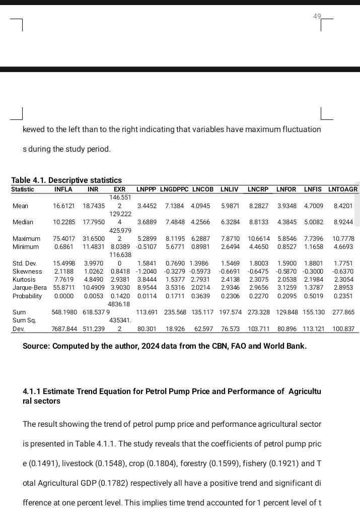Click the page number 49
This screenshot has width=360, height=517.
point(317,16)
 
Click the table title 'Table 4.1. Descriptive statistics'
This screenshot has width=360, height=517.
point(66,180)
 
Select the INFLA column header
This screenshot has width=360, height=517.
point(63,189)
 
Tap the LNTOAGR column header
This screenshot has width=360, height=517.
point(343,189)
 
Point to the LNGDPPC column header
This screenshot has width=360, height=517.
point(174,189)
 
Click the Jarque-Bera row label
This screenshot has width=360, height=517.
point(30,288)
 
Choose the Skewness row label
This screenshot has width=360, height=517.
point(27,271)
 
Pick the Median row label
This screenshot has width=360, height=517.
point(23,222)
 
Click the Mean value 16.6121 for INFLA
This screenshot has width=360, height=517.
point(64,206)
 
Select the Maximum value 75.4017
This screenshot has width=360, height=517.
point(64,239)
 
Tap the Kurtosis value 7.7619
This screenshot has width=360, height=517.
point(64,280)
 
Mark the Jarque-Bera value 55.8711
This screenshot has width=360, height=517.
point(64,288)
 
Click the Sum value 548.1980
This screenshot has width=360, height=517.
point(64,312)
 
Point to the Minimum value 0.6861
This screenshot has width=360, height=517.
point(64,247)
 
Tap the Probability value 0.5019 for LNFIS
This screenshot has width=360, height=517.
point(313,296)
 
